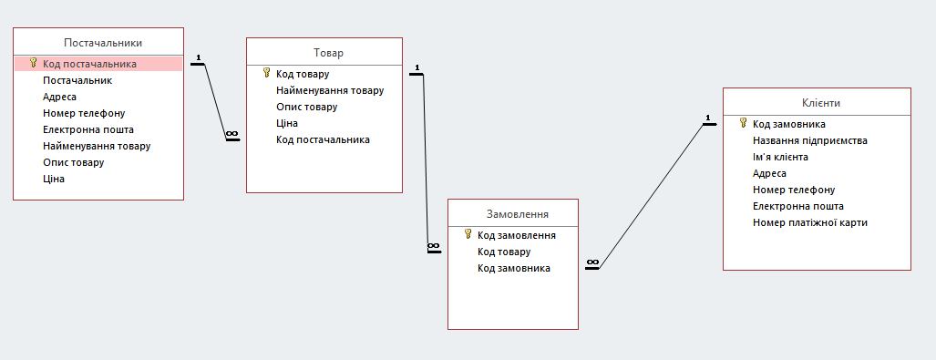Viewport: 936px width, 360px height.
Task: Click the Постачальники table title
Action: click(x=103, y=43)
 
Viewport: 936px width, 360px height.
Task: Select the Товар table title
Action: click(x=328, y=53)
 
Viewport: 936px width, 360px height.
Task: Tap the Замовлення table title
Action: click(x=517, y=214)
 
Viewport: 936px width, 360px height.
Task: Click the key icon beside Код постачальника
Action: click(x=34, y=63)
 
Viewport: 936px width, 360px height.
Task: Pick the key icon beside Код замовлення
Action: click(x=468, y=234)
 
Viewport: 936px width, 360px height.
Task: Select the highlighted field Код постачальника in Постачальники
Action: click(x=89, y=64)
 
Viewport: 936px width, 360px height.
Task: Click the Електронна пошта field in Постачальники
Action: click(x=88, y=129)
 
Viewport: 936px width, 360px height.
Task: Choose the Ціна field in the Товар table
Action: click(x=287, y=124)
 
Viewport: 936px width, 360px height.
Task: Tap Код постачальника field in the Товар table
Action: click(x=323, y=139)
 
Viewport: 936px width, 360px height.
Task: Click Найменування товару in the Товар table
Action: click(x=330, y=91)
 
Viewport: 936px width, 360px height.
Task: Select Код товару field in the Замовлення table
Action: click(x=504, y=252)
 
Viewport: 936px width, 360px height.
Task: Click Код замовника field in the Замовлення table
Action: click(x=514, y=268)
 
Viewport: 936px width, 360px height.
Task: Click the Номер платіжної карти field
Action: click(x=810, y=222)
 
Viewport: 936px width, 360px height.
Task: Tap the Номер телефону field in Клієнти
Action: click(x=794, y=190)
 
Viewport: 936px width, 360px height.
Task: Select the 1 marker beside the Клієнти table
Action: click(x=707, y=118)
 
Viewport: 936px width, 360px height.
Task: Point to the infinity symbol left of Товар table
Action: click(x=232, y=134)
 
